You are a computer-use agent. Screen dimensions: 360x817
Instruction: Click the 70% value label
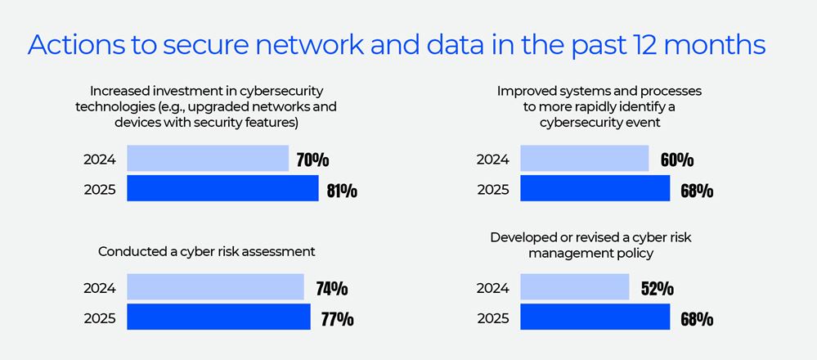pos(312,160)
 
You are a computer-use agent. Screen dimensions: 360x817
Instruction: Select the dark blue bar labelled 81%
pos(222,189)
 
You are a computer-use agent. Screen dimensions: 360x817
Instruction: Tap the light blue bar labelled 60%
pos(584,159)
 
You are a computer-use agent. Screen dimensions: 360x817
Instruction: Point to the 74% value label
pos(332,288)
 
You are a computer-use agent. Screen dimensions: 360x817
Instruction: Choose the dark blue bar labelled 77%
pos(219,317)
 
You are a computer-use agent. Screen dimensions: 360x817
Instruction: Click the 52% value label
pos(658,288)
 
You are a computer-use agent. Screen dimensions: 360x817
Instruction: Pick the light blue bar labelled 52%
pos(574,287)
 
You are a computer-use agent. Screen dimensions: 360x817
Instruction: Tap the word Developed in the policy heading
pos(523,237)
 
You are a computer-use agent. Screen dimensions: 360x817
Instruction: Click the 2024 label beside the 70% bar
pos(100,160)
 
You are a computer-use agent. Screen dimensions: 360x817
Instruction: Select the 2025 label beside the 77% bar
pos(100,318)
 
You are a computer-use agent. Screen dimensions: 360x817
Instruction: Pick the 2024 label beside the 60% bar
pos(493,160)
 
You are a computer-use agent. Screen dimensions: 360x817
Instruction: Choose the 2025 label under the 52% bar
pos(493,318)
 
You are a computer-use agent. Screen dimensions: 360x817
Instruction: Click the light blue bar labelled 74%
pos(216,287)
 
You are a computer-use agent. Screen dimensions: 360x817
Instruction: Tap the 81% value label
pos(342,191)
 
